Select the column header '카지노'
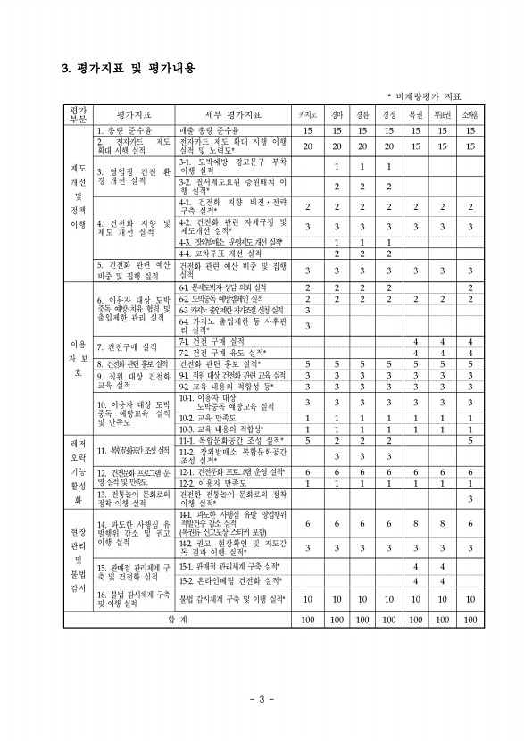pos(307,115)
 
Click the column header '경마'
pos(336,115)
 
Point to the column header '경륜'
pos(362,115)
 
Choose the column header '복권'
pos(415,115)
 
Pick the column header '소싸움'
pos(470,115)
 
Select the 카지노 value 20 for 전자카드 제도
pos(307,146)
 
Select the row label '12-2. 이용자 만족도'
pos(216,483)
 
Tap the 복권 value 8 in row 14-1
pos(415,525)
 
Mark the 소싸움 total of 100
pos(470,618)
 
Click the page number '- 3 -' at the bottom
pos(262,697)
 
